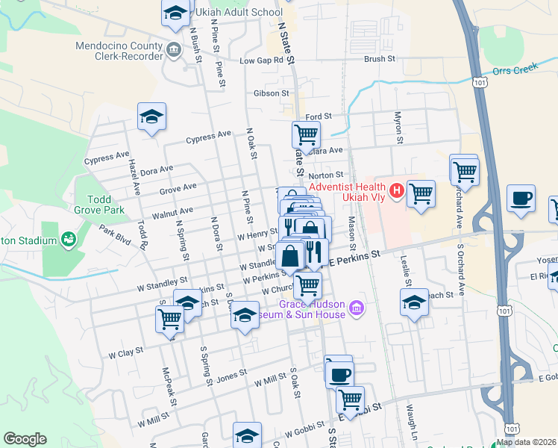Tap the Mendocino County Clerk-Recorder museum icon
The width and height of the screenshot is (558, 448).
click(174, 51)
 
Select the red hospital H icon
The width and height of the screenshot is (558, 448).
click(397, 191)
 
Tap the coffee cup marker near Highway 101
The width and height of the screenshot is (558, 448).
click(521, 199)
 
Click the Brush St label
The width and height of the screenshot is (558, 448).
click(379, 58)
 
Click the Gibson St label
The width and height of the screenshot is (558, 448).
click(271, 93)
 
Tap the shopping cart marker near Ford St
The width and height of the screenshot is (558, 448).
click(306, 135)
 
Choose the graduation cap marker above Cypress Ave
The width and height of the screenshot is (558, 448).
click(151, 116)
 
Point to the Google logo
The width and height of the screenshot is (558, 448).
click(25, 439)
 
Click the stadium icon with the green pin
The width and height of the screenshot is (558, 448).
click(69, 240)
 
